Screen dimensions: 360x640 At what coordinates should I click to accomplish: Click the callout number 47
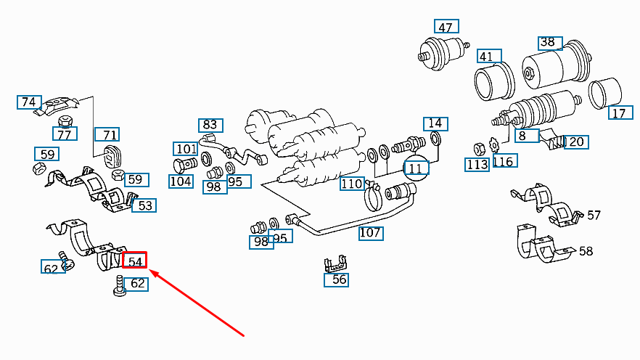(x=445, y=28)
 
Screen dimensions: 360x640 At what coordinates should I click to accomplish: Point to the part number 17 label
(x=618, y=113)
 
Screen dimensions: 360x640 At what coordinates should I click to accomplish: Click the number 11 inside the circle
(x=416, y=168)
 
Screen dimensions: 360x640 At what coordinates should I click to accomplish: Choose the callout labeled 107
(x=370, y=233)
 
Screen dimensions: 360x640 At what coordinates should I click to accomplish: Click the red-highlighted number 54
(x=134, y=260)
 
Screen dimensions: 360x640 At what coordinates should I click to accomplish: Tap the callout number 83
(x=210, y=125)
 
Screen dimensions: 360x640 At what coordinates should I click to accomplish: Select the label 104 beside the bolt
(x=181, y=181)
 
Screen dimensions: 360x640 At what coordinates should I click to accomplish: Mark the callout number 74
(x=28, y=102)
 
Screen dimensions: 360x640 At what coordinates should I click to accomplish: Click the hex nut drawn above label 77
(x=64, y=120)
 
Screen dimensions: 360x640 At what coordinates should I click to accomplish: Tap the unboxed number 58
(x=586, y=251)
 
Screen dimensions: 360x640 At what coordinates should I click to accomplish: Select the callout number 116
(x=504, y=161)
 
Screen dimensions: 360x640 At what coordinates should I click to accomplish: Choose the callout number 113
(x=477, y=165)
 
